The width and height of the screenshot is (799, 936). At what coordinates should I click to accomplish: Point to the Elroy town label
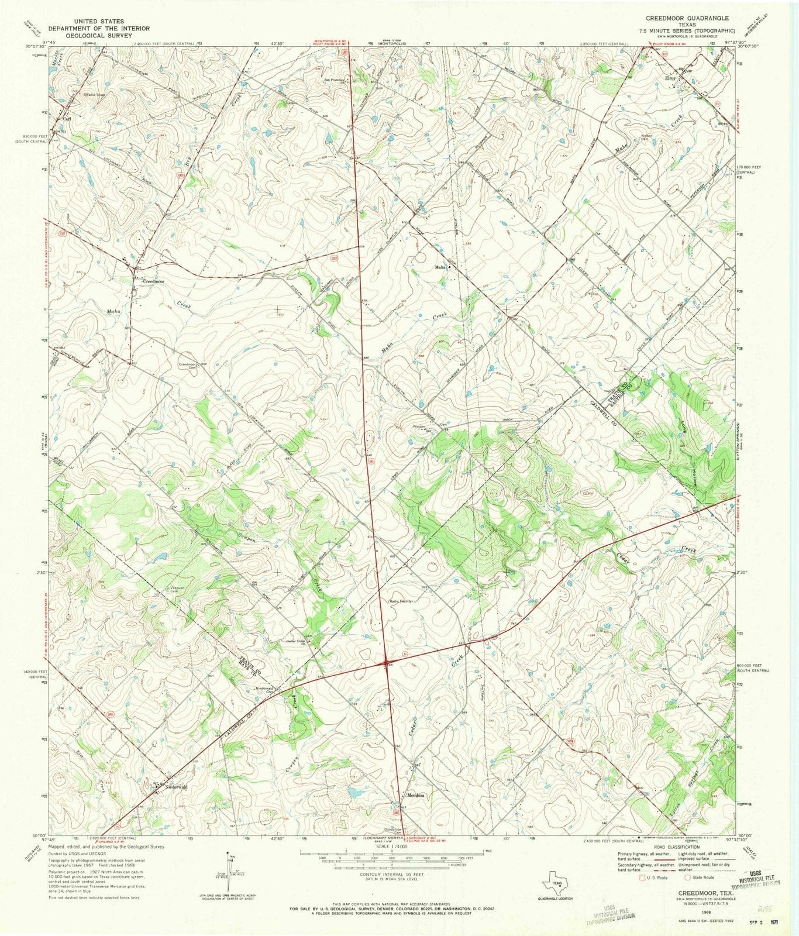click(669, 78)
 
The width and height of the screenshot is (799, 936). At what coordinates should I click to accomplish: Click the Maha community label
click(440, 267)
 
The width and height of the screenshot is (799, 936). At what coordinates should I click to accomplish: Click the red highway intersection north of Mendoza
click(387, 663)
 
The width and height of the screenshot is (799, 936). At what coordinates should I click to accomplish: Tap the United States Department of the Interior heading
click(99, 28)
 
